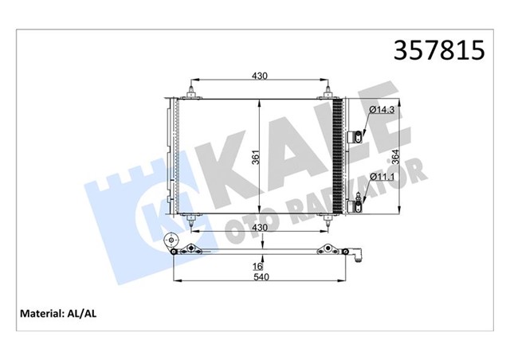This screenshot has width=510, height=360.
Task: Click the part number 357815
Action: (x=439, y=51)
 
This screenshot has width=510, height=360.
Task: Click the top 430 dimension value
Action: (x=259, y=76)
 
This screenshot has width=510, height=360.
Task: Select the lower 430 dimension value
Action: (x=259, y=228)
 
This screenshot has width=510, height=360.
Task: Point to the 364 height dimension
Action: (x=394, y=156)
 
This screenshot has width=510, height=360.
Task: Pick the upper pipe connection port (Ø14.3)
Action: (x=357, y=138)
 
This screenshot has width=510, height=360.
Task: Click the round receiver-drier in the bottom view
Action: (x=168, y=241)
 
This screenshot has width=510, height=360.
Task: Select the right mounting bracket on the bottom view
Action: (x=327, y=252)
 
